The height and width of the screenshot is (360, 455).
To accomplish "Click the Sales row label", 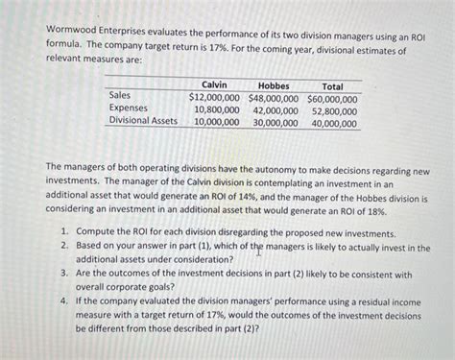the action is [x=120, y=96].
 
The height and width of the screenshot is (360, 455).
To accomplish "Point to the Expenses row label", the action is [x=129, y=108].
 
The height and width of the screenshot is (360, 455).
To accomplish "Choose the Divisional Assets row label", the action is [x=143, y=121].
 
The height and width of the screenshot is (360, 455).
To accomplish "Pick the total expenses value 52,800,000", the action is [x=335, y=109].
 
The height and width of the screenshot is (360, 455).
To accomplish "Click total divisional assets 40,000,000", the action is [x=335, y=122].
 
